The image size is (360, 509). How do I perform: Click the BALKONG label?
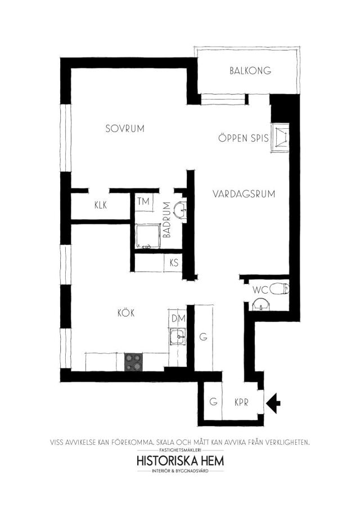250,71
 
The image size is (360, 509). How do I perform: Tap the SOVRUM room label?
125,129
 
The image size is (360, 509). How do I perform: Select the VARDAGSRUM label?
244,194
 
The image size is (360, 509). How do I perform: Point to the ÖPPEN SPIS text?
244,138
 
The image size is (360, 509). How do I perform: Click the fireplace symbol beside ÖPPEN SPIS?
281,137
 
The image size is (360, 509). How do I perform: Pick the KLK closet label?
101,205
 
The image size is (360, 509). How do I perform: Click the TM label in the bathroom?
143,201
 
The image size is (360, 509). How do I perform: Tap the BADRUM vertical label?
167,220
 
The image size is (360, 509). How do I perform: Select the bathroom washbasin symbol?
180,210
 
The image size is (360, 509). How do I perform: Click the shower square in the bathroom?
148,236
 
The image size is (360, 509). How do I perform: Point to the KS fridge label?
174,262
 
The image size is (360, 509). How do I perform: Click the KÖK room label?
126,313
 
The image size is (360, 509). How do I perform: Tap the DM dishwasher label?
178,318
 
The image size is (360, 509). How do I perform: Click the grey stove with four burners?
133,362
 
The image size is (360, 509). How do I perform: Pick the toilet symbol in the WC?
279,288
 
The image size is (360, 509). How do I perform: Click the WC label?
260,290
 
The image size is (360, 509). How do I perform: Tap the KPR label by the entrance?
241,403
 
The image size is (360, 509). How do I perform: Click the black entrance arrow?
273,403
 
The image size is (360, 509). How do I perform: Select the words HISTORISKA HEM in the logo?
181,461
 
